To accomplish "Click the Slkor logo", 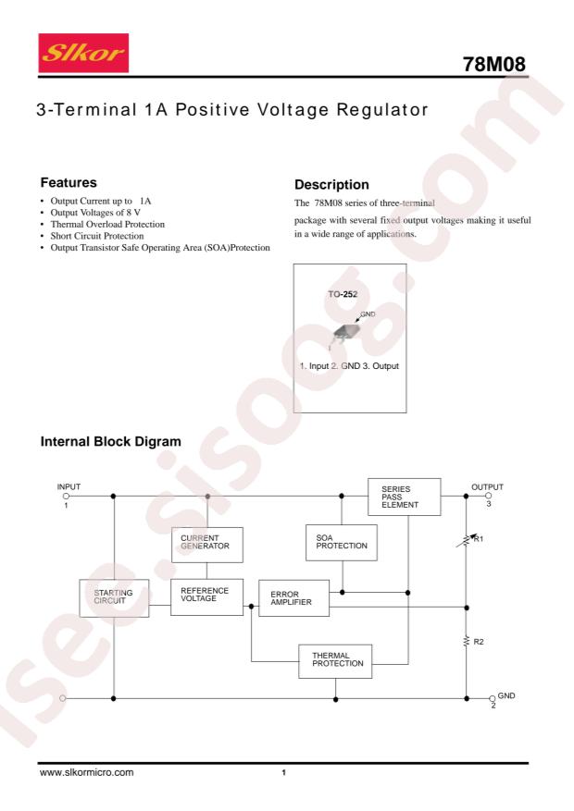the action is pyautogui.click(x=83, y=53).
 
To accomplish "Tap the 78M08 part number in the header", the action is pyautogui.click(x=493, y=64).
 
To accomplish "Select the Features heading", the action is pyautogui.click(x=69, y=182).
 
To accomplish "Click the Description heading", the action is pyautogui.click(x=331, y=185).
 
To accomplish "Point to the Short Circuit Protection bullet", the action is pyautogui.click(x=97, y=236).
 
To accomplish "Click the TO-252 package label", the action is pyautogui.click(x=343, y=294).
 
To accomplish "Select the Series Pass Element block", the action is pyautogui.click(x=405, y=497).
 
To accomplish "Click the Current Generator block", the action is pyautogui.click(x=207, y=545).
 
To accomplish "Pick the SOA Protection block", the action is pyautogui.click(x=342, y=543).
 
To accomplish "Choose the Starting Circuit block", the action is pyautogui.click(x=114, y=598).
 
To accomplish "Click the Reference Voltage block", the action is pyautogui.click(x=207, y=596).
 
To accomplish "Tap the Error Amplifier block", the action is pyautogui.click(x=294, y=598).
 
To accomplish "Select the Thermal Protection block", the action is pyautogui.click(x=335, y=661).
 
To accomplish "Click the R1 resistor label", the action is pyautogui.click(x=479, y=539).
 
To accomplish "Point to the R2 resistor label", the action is pyautogui.click(x=479, y=642).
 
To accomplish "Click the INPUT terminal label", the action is pyautogui.click(x=69, y=486).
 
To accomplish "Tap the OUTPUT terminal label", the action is pyautogui.click(x=487, y=487).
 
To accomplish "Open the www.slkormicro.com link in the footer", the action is pyautogui.click(x=86, y=772).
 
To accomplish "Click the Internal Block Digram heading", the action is pyautogui.click(x=111, y=442).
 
